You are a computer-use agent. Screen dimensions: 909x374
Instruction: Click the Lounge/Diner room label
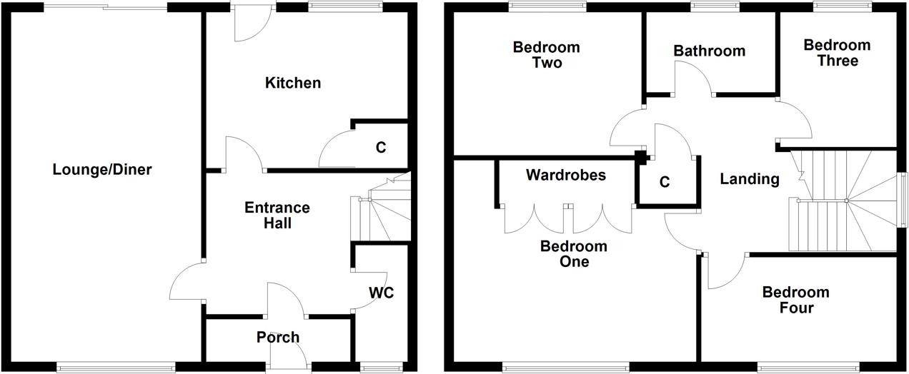coord(102,169)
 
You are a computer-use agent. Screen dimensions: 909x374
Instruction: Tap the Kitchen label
coord(293,83)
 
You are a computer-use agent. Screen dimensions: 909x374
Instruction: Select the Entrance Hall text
coord(277,215)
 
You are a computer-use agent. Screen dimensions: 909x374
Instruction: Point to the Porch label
coord(278,337)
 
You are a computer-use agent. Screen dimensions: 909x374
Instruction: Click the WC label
coord(382,293)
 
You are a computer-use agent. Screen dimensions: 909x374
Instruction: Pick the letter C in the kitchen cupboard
coord(381,148)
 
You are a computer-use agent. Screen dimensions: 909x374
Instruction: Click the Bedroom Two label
coord(547,55)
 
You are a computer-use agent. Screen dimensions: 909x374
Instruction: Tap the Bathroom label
coord(710,51)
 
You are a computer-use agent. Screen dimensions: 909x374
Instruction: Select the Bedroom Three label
coord(837,53)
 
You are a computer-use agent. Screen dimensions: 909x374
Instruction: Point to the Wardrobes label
coord(566,175)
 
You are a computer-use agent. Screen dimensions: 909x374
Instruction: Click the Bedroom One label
coord(574,253)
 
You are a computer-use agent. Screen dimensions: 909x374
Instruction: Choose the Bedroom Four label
coord(796,300)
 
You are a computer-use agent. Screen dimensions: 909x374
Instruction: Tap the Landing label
coord(750,179)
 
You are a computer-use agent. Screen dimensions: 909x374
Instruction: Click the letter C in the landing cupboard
coord(665,182)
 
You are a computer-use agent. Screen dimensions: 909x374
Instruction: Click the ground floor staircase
coord(381,208)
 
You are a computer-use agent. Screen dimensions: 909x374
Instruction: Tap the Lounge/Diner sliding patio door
coord(106,6)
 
